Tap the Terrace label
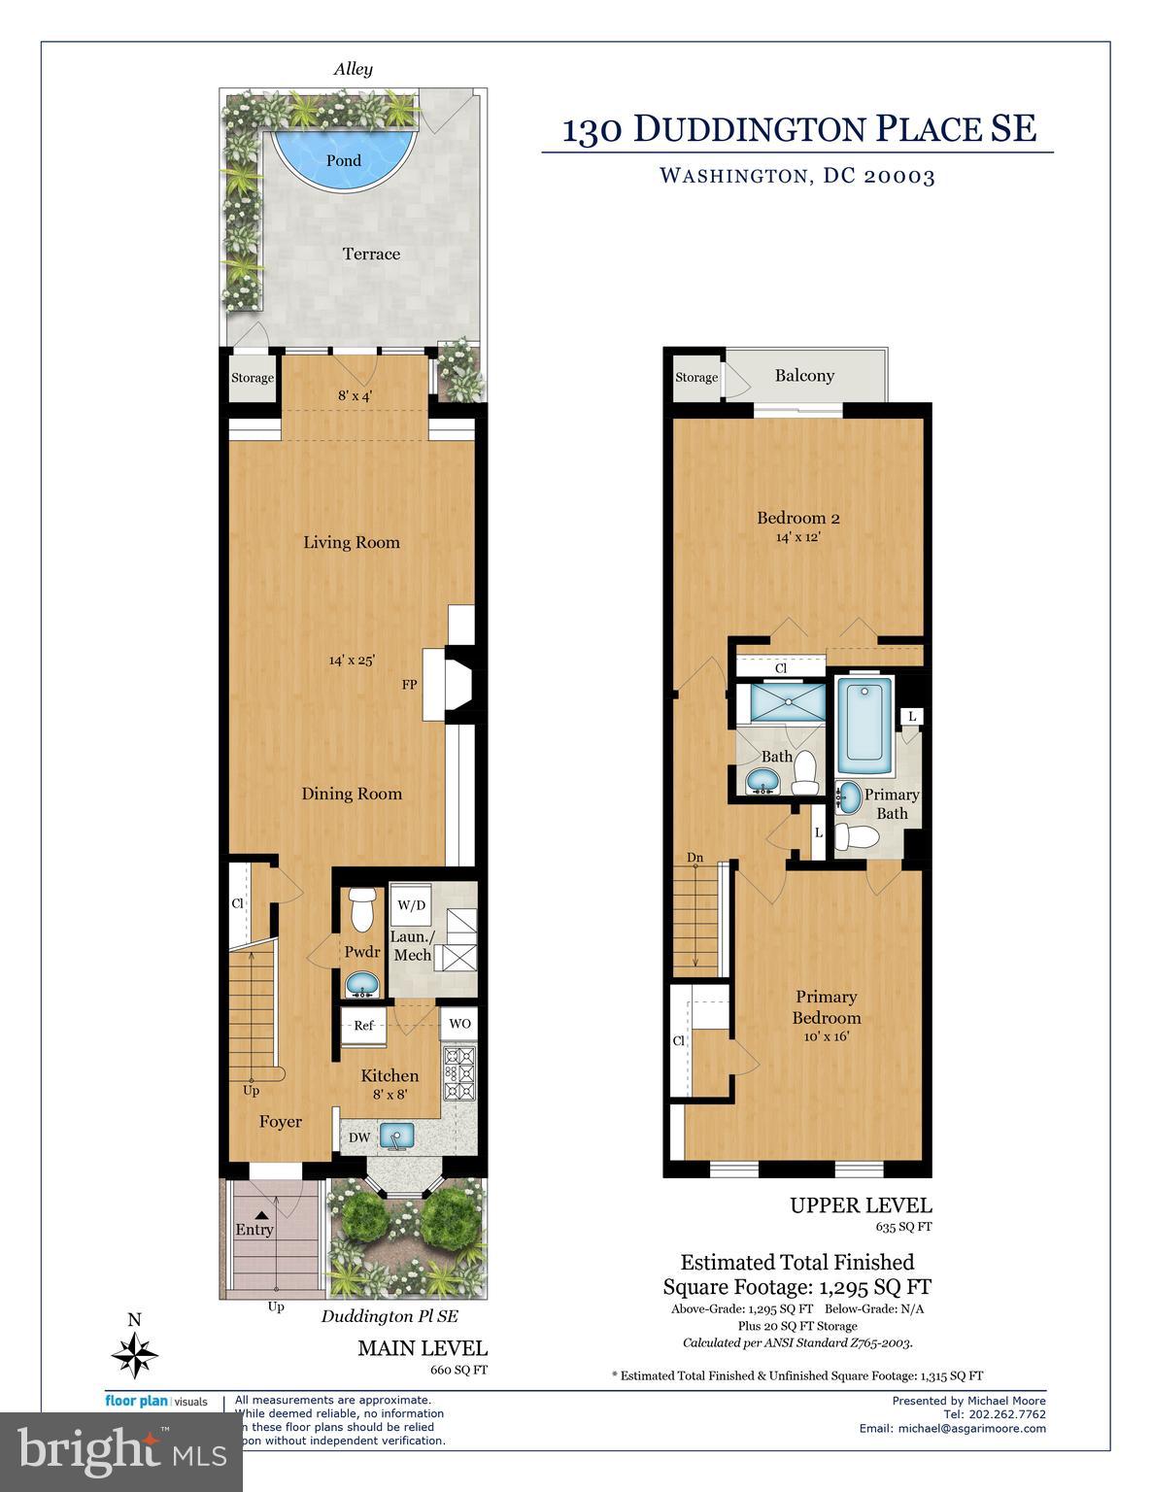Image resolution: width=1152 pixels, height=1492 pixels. tap(371, 254)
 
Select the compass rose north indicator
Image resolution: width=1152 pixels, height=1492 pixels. tap(135, 1350)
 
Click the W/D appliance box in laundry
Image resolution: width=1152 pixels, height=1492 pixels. tap(411, 905)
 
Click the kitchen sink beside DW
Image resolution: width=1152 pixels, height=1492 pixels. tap(396, 1135)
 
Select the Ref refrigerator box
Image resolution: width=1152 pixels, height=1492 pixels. tap(363, 1026)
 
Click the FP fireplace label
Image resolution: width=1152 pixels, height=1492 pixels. tap(410, 685)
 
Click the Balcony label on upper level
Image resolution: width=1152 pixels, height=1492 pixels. tap(804, 376)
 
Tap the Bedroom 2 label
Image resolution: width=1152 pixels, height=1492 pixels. tap(798, 518)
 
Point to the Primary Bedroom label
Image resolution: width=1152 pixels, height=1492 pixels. tap(827, 1007)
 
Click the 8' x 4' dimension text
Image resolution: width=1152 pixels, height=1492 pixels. tap(356, 395)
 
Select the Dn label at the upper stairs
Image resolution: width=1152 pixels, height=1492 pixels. tap(695, 858)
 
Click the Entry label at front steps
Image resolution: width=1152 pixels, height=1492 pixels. tap(254, 1230)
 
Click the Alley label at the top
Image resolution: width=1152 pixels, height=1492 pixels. tap(354, 69)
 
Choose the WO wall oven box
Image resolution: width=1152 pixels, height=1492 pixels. tap(459, 1024)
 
